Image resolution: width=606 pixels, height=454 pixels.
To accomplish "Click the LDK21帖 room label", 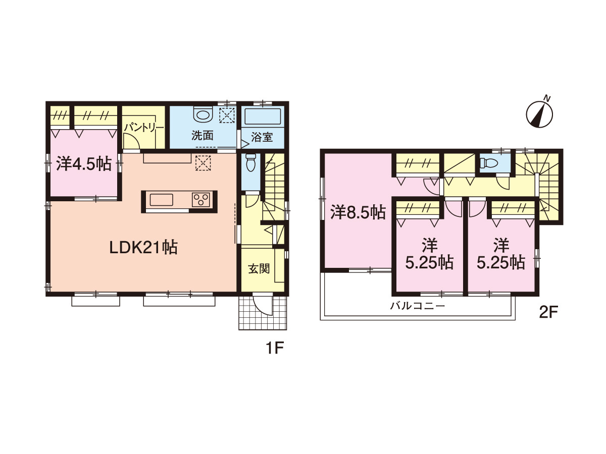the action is coord(143,247).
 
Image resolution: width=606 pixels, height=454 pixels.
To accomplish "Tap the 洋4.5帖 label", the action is coord(84,164).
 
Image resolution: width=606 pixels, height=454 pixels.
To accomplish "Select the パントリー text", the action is coord(143,128).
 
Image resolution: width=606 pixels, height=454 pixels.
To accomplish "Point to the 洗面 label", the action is coord(203,135).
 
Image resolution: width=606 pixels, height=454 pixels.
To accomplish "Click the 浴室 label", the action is coord(262,137).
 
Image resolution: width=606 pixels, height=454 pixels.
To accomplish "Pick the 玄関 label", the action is coord(259,268).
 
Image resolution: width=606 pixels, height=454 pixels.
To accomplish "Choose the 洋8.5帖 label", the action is coord(358,212).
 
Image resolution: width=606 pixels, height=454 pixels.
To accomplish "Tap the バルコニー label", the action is coord(418,306).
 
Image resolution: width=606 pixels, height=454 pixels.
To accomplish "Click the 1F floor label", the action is coord(275,348).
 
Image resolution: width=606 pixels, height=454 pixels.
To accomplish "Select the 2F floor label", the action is coord(549,312).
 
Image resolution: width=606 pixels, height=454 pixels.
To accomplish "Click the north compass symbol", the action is coord(539,113).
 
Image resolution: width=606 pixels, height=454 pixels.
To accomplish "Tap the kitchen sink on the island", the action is coord(162,200).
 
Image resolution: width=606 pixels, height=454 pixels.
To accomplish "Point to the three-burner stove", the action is coord(200,200).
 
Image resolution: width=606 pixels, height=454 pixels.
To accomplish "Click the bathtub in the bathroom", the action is coord(263,117).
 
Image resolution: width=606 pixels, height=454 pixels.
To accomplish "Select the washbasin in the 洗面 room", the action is coord(203,114).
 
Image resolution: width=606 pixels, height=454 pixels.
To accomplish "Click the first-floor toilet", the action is coord(250,162).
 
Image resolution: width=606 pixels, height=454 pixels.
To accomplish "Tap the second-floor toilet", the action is coord(487,163).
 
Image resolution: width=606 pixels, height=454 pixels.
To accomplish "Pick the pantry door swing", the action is coord(131,141).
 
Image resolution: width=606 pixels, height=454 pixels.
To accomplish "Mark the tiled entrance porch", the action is coord(263,313).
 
